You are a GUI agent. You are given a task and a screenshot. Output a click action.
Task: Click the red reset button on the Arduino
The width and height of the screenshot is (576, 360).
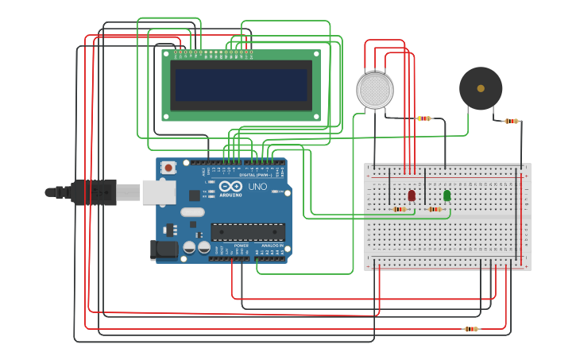click(168, 168)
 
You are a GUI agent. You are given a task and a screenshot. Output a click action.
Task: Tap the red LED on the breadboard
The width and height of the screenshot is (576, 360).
click(412, 195)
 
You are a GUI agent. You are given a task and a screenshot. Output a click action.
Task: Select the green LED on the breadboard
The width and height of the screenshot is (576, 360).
click(446, 195)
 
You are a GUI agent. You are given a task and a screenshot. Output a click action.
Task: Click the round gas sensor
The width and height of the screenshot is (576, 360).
click(375, 91)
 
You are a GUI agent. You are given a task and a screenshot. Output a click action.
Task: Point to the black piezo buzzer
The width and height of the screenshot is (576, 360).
click(481, 88)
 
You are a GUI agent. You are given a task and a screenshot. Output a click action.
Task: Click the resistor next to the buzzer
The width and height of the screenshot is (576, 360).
click(512, 122)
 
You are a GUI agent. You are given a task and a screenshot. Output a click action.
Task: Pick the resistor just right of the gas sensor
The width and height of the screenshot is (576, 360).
click(424, 118)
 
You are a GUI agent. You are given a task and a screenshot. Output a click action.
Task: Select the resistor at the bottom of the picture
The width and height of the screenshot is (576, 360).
click(471, 328)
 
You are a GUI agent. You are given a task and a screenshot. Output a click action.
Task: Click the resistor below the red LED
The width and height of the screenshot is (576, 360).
click(400, 210)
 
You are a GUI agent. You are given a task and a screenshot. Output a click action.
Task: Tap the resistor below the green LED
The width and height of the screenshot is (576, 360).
click(435, 210)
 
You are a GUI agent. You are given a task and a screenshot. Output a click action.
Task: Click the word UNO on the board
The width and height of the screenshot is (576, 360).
click(257, 187)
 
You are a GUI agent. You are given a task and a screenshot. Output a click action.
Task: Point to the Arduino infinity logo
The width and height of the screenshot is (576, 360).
click(231, 187)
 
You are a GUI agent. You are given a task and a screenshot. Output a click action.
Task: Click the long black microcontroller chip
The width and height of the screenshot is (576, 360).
click(247, 231)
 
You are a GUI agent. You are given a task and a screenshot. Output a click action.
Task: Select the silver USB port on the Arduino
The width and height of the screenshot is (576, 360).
click(159, 192)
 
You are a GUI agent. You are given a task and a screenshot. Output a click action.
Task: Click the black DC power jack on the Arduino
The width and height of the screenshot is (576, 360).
click(165, 249)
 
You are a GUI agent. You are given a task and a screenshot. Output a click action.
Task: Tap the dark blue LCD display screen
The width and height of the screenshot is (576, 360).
click(242, 85)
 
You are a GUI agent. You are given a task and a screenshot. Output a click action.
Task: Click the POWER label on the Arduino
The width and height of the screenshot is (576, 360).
click(242, 246)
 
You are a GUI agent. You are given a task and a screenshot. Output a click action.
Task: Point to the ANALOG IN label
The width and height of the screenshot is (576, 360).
click(272, 246)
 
